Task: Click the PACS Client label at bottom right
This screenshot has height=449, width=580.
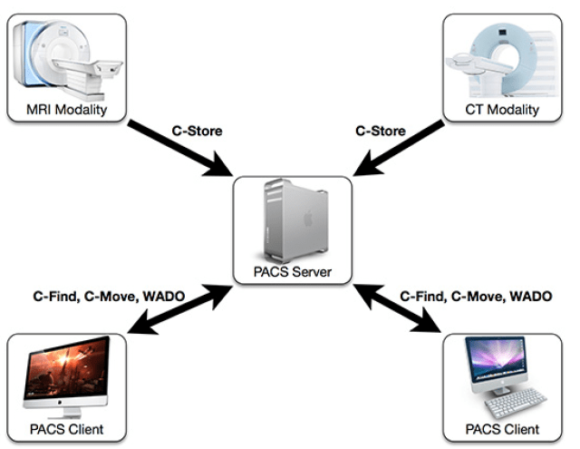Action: tap(502, 427)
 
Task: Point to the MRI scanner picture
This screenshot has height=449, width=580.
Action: tap(69, 59)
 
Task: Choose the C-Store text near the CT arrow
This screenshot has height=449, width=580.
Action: tap(379, 132)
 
